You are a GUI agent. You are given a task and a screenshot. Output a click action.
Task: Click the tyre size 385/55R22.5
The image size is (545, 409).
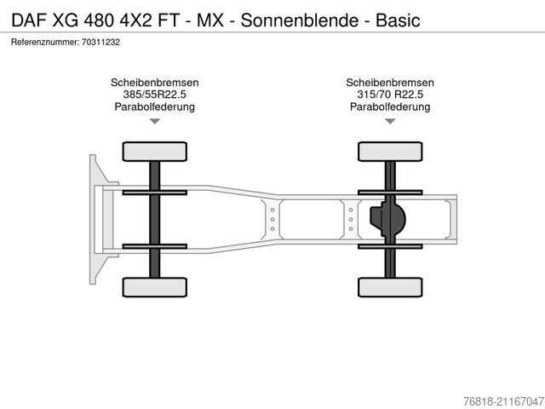[x=154, y=95]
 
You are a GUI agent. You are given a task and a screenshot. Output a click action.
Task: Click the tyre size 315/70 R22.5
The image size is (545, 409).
[x=390, y=95]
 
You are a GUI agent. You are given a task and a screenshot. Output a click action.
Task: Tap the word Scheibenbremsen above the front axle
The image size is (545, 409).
[x=154, y=83]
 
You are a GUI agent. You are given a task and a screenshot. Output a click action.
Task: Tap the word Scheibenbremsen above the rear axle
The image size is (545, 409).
[x=390, y=83]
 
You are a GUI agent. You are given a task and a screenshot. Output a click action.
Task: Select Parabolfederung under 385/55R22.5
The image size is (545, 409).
[x=154, y=107]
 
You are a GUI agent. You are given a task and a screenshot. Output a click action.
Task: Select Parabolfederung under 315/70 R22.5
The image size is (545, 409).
[x=390, y=107]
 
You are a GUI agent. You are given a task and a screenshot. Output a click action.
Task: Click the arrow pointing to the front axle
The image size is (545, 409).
[x=154, y=122]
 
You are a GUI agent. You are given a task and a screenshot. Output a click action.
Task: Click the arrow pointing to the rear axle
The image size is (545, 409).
[x=390, y=122]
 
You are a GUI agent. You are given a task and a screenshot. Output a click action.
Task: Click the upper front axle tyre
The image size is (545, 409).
[x=154, y=153]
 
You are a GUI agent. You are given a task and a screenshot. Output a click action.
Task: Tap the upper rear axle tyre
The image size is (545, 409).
[x=389, y=153]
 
